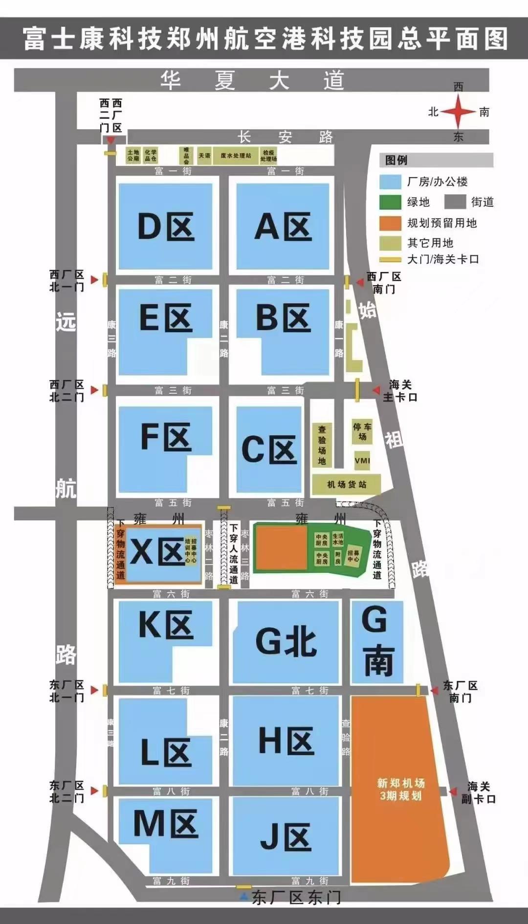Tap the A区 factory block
pyautogui.click(x=283, y=226)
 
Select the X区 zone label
pyautogui.click(x=157, y=553)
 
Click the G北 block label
pyautogui.click(x=286, y=641)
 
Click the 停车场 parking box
pyautogui.click(x=362, y=431)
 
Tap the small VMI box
pyautogui.click(x=362, y=461)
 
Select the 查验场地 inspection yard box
pyautogui.click(x=322, y=445)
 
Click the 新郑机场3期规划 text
pyautogui.click(x=400, y=789)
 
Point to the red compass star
pyautogui.click(x=458, y=112)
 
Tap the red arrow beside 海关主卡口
pyautogui.click(x=376, y=390)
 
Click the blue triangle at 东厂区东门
pyautogui.click(x=244, y=896)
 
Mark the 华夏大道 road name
pyautogui.click(x=252, y=80)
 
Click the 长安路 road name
pyautogui.click(x=285, y=137)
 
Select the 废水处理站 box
pyautogui.click(x=236, y=156)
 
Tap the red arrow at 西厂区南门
pyautogui.click(x=359, y=281)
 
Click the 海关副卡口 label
pyautogui.click(x=478, y=792)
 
